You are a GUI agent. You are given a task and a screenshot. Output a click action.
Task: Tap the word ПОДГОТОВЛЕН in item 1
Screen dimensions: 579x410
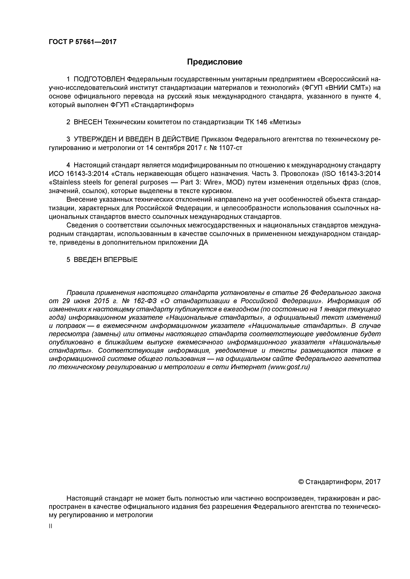click(99, 79)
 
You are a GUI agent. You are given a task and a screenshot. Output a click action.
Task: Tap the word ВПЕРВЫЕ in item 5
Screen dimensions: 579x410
click(121, 260)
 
